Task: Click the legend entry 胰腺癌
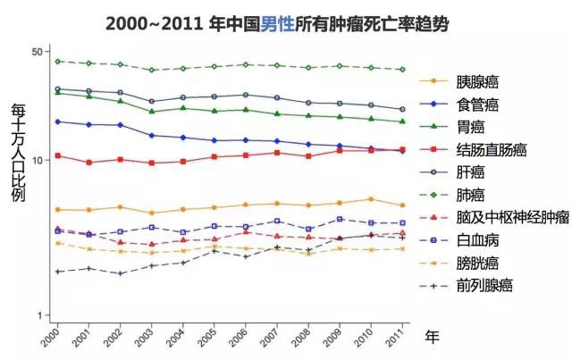coord(479,80)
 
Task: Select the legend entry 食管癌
coord(479,105)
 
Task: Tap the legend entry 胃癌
coord(470,127)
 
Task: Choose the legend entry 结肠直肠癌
coord(490,149)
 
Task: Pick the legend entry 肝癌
coord(470,172)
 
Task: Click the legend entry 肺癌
coord(470,195)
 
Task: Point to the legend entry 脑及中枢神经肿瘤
coord(510,217)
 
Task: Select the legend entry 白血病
coord(477,240)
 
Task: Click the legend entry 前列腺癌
coord(484,286)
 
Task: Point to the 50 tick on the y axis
coord(38,52)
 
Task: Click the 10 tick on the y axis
coord(38,160)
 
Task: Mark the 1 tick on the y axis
coord(41,315)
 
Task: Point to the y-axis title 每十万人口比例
coord(17,151)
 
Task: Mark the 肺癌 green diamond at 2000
coord(58,62)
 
